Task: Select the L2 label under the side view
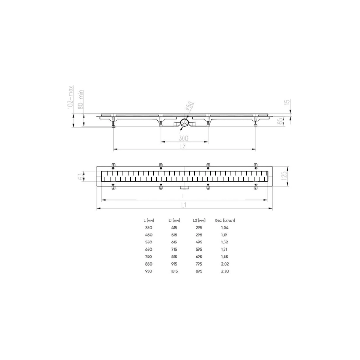pos(184,146)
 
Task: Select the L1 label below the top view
pos(184,205)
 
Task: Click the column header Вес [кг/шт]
pos(225,220)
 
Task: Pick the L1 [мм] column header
pos(174,220)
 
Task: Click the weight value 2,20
pos(225,271)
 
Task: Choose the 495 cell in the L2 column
pos(199,243)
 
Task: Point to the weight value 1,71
pos(225,250)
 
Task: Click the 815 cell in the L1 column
pos(174,257)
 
